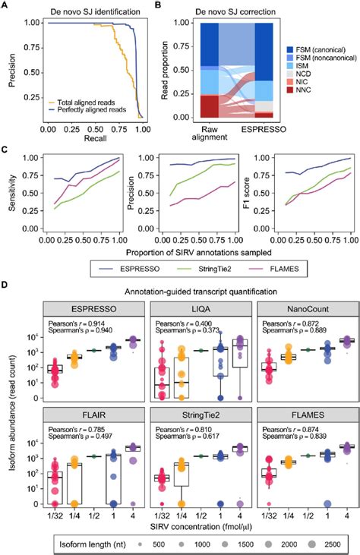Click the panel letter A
(8, 7)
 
